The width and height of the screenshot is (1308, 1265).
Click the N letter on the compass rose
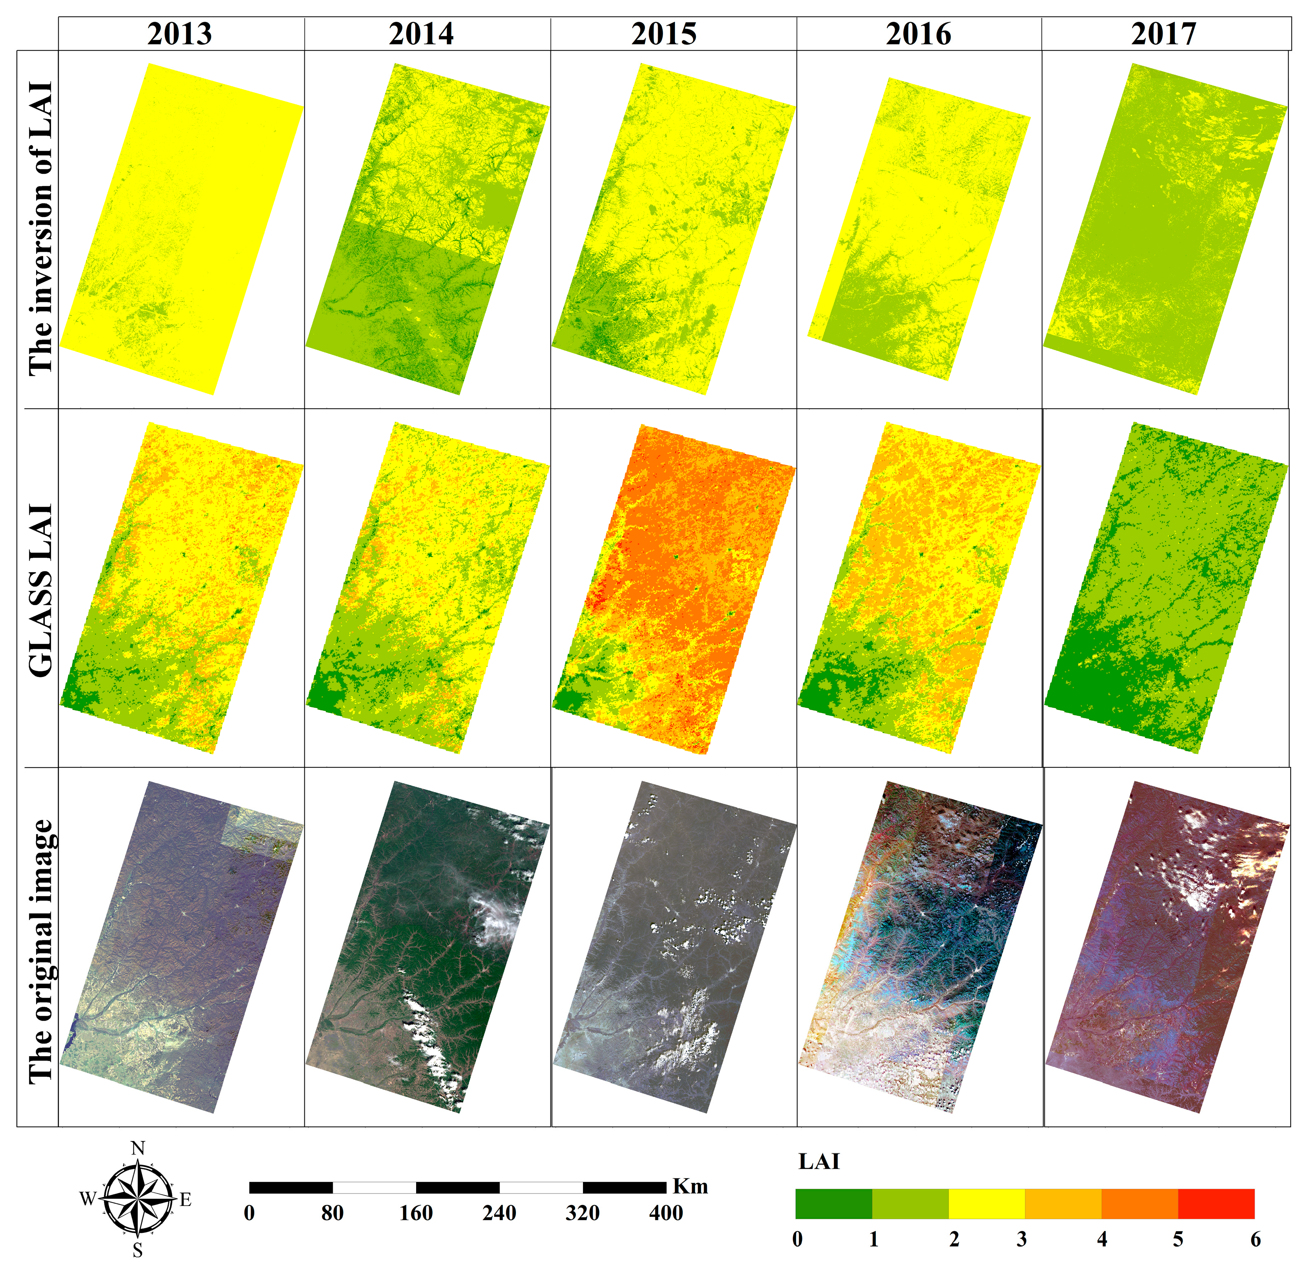point(138,1148)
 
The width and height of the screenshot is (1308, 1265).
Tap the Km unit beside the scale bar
point(690,1186)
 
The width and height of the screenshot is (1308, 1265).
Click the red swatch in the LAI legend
point(1216,1204)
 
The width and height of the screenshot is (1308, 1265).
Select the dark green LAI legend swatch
point(834,1204)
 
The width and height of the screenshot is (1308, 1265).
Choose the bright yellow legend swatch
point(986,1204)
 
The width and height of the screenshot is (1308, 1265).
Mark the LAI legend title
point(819,1162)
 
